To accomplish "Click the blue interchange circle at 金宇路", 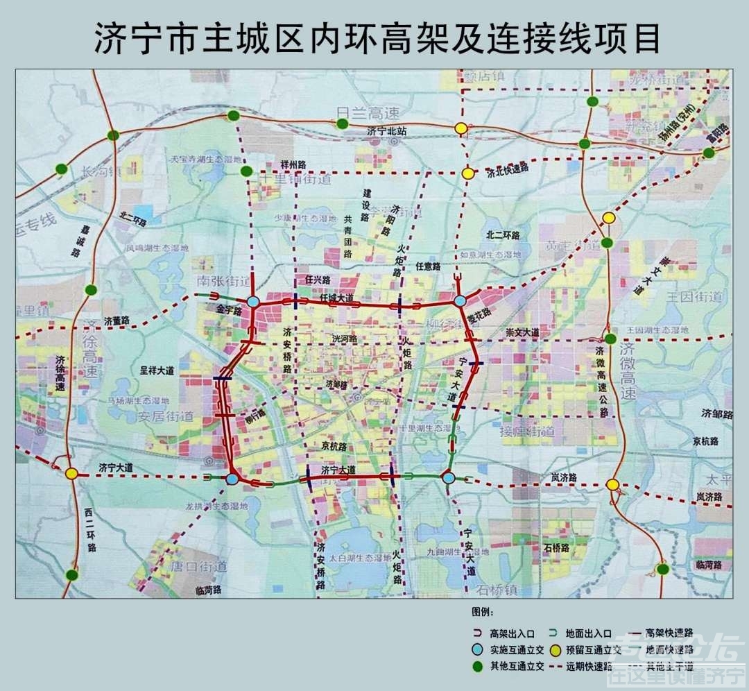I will click(253, 302).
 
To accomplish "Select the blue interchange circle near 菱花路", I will click(460, 301).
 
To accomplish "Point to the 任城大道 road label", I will click(336, 298).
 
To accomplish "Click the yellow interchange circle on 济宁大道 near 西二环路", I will click(71, 473).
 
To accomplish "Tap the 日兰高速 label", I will click(359, 113).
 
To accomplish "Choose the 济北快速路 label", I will click(507, 170).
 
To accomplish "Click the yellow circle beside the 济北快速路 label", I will click(469, 173).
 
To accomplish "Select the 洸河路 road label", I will click(344, 339).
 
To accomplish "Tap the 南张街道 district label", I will click(223, 282).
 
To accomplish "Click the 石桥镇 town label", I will click(497, 590).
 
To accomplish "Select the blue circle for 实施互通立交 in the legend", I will click(476, 650).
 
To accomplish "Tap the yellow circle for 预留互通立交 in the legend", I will click(554, 650).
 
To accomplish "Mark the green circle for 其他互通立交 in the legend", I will click(476, 666).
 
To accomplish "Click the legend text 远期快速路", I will click(589, 666).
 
